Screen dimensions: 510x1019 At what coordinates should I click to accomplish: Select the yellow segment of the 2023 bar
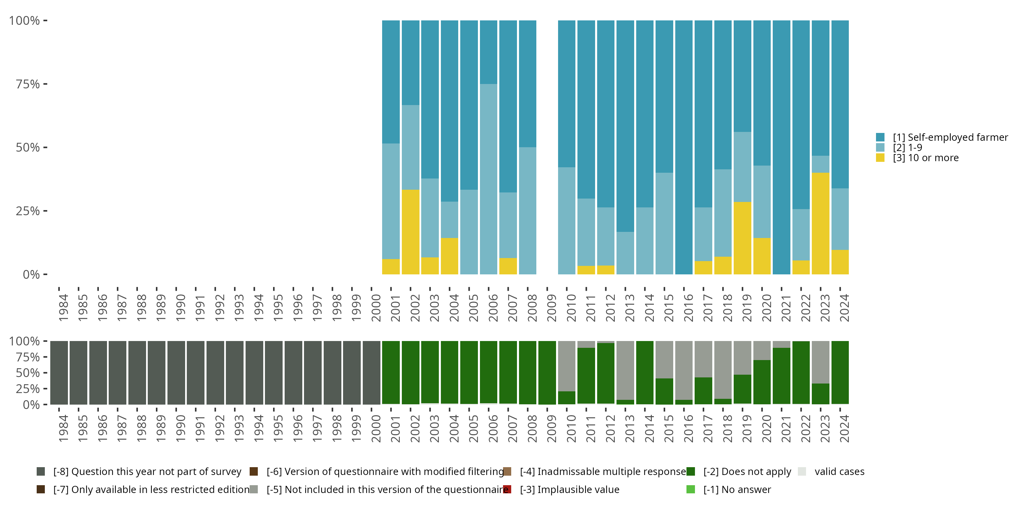[820, 223]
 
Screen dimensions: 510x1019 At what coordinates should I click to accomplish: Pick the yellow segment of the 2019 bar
[742, 238]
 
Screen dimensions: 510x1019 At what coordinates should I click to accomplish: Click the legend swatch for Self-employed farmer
[880, 137]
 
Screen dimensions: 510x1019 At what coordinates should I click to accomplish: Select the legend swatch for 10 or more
[880, 158]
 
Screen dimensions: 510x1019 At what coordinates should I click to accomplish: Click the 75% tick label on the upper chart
[28, 84]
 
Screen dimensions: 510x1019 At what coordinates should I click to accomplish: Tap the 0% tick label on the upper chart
[31, 274]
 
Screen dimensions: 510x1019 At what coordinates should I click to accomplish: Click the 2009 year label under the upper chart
[551, 308]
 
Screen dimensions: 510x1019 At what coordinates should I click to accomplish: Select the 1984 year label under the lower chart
[63, 428]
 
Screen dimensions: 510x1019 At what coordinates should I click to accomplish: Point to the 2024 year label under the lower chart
[844, 428]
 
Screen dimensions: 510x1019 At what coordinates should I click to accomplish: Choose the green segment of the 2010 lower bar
[567, 397]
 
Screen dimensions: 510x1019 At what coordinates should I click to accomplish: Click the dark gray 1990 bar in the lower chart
[176, 373]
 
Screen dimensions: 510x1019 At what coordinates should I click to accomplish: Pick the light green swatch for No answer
[691, 489]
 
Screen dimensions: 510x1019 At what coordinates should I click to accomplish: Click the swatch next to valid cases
[802, 472]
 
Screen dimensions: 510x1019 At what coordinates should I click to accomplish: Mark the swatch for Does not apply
[691, 472]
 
